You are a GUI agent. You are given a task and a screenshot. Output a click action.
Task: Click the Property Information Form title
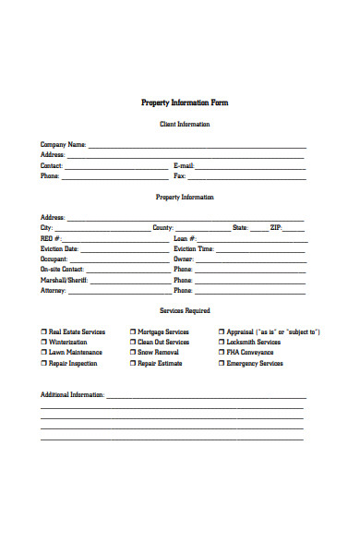tap(184, 102)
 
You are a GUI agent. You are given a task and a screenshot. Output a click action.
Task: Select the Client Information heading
tap(185, 124)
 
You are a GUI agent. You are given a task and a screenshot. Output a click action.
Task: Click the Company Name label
tap(63, 145)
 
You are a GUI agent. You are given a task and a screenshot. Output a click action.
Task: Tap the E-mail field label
tap(184, 165)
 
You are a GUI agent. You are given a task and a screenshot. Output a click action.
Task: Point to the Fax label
tap(180, 175)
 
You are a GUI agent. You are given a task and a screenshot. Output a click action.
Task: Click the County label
tap(162, 227)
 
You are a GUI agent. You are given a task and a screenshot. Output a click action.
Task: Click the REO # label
tap(51, 238)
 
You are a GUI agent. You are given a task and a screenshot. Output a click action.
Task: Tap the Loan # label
tap(185, 238)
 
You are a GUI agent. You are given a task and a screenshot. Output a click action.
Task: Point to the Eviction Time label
tap(194, 248)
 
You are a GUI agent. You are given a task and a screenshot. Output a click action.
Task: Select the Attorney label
tap(54, 291)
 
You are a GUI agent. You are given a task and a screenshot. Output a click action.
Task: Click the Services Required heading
tap(185, 311)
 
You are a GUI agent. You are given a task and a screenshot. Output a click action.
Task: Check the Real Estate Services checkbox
tap(43, 331)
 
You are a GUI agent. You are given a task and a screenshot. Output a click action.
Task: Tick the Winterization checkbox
tap(43, 343)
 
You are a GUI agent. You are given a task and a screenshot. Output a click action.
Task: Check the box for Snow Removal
tap(133, 353)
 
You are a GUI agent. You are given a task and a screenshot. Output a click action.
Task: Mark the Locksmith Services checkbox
tap(222, 343)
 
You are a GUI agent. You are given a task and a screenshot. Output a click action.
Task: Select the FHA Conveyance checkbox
tap(222, 353)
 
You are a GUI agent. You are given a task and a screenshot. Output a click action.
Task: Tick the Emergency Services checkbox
tap(222, 364)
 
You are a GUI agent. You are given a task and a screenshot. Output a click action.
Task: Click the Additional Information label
tap(72, 394)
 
